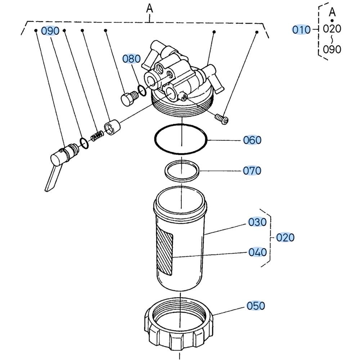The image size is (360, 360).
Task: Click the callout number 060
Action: click(x=252, y=140)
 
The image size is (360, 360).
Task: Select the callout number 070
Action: click(x=252, y=170)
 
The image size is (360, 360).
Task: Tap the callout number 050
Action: click(x=256, y=306)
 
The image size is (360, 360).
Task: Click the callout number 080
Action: click(x=131, y=59)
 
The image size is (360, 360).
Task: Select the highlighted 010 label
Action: click(x=301, y=30)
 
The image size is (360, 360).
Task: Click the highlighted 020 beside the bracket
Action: click(x=285, y=238)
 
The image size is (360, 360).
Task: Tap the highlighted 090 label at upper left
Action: click(x=50, y=31)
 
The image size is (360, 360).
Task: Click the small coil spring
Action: click(x=96, y=137)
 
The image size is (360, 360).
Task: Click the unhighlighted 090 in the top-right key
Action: click(x=332, y=49)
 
